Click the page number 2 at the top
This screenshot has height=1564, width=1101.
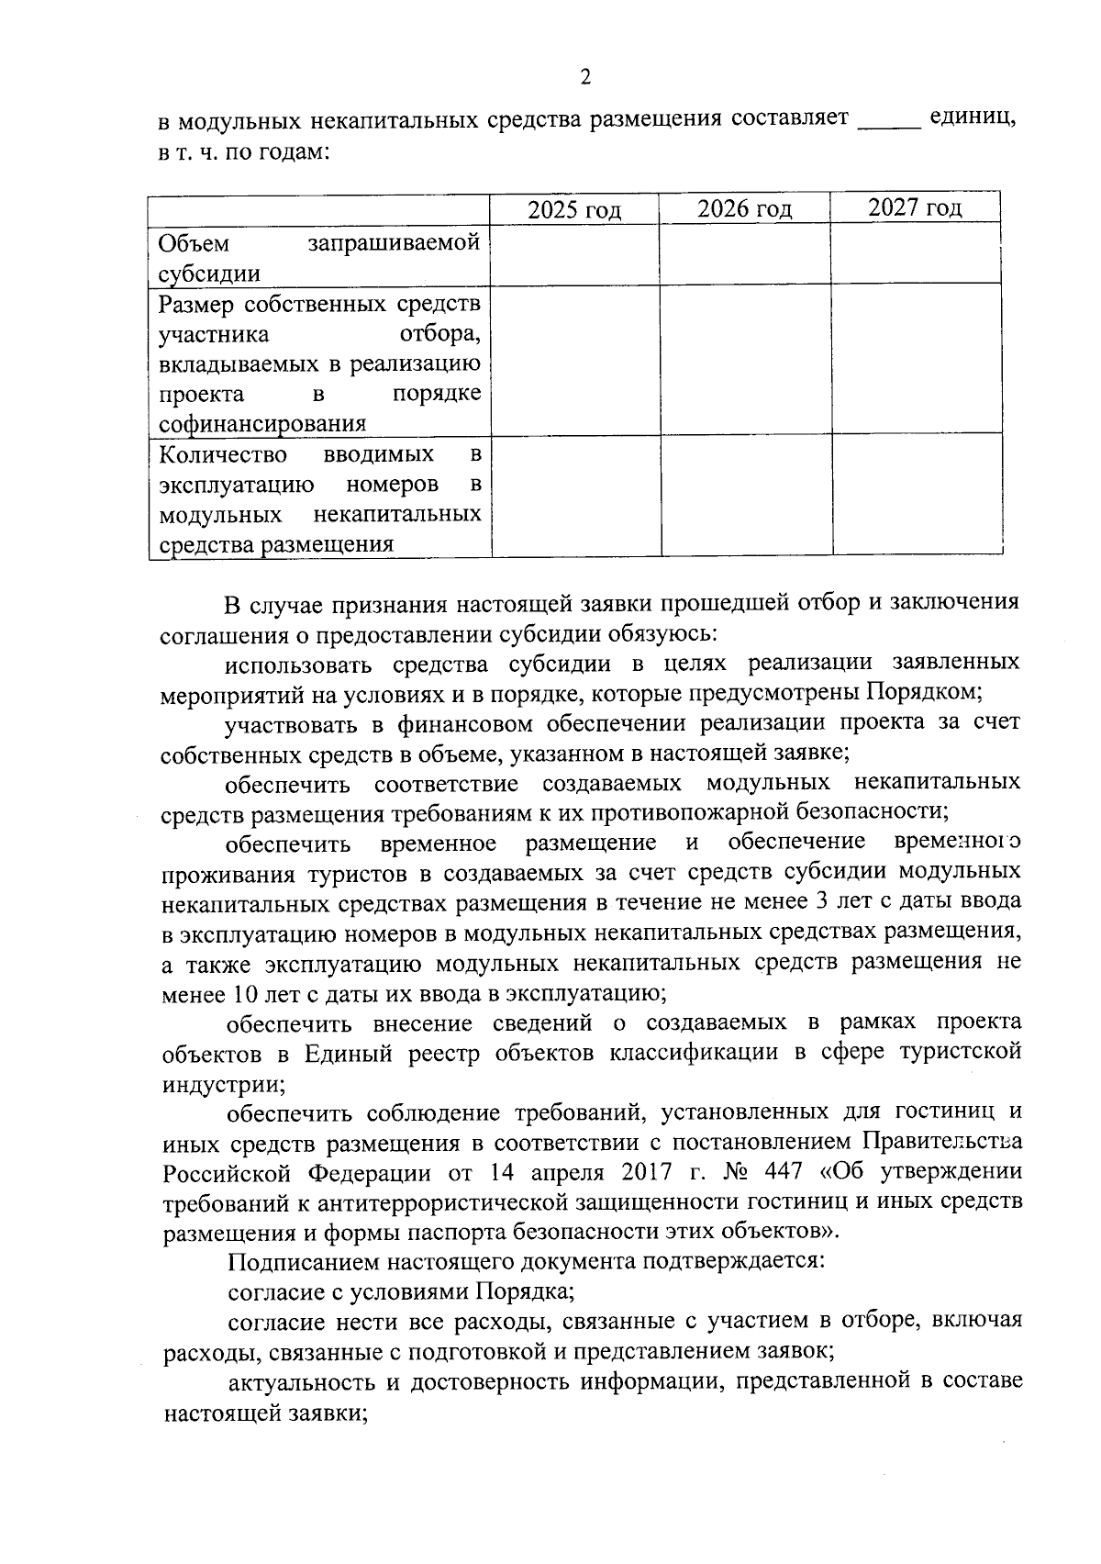tap(585, 77)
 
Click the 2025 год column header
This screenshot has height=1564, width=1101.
tap(574, 210)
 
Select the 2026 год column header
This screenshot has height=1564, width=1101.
tap(744, 209)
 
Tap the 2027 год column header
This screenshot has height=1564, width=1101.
tap(915, 207)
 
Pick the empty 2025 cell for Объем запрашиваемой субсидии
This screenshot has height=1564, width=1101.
tap(574, 255)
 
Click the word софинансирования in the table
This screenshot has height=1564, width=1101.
tap(262, 424)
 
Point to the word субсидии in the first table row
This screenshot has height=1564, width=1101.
tap(208, 274)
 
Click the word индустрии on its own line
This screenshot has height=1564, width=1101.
tap(223, 1083)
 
